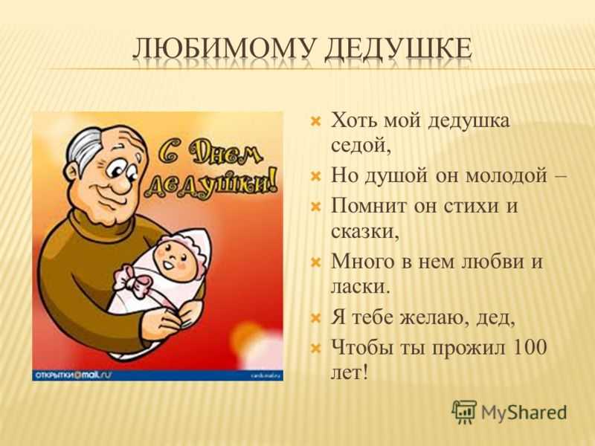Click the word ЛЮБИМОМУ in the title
point(225,49)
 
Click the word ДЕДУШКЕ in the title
point(399,51)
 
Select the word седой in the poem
point(361,144)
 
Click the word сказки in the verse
point(364,231)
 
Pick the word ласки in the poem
point(360,286)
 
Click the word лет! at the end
point(350,372)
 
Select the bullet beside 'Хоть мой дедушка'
point(315,122)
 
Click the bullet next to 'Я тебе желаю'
point(315,318)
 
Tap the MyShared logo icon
point(463,412)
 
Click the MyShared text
point(524,413)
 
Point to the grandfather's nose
point(120,184)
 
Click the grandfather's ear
point(72,175)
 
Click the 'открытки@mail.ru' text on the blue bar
point(73,375)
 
